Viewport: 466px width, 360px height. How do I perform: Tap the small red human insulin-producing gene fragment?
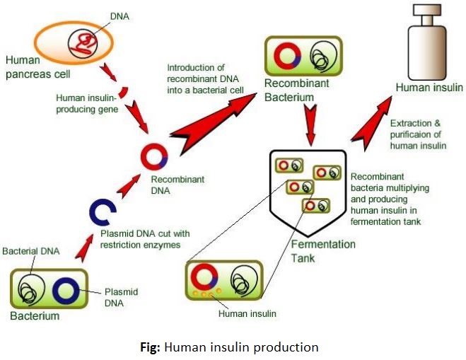[122, 93]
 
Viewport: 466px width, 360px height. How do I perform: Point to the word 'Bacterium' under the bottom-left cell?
[35, 315]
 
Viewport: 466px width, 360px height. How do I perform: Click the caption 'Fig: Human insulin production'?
[234, 347]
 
